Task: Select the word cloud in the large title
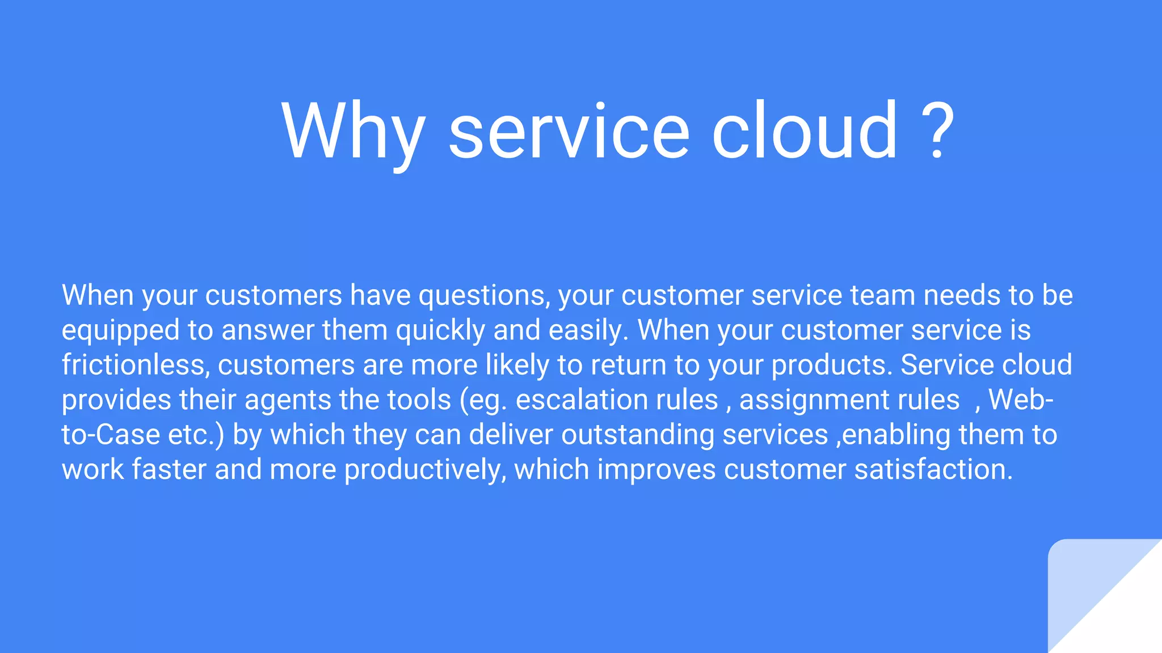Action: coord(805,132)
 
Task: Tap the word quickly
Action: coord(440,331)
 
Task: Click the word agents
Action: coord(288,400)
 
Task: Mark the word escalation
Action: coord(617,400)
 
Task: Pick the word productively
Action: coord(425,470)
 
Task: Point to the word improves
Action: coord(656,470)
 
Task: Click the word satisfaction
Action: coord(933,470)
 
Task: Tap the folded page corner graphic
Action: coord(1095,601)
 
